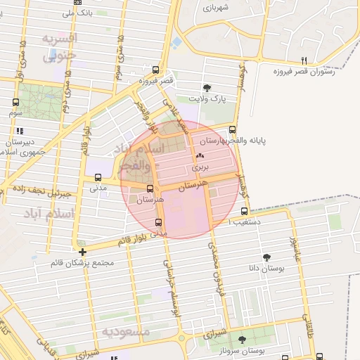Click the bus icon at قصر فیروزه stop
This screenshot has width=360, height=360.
point(155,70)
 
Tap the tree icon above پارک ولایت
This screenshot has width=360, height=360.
point(207,88)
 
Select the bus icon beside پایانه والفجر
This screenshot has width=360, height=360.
point(233,129)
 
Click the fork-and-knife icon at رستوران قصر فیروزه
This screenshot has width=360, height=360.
point(304,60)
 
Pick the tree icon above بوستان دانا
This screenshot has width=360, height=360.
point(266,257)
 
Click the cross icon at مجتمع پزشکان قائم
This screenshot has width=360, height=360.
point(83,252)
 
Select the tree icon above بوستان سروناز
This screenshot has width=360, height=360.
point(242,340)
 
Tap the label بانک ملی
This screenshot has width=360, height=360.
point(77,13)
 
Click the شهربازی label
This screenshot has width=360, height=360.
point(217,8)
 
